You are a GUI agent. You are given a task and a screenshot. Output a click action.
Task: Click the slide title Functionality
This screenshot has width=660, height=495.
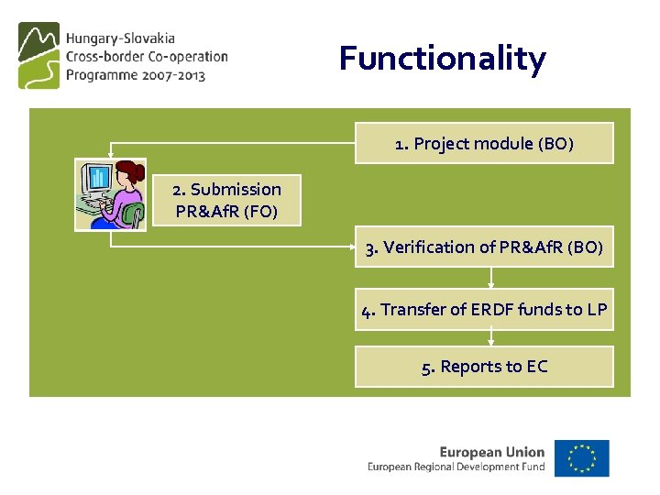[x=442, y=59]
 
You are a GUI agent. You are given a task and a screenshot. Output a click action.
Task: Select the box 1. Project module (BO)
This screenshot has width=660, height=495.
[x=484, y=143]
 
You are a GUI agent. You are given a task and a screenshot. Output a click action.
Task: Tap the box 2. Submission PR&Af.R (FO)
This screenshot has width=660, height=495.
[x=226, y=201]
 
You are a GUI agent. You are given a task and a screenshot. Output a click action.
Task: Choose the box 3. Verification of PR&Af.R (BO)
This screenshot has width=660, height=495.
[x=484, y=247]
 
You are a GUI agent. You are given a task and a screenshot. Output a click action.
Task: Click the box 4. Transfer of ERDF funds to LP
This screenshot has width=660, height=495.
[x=484, y=310]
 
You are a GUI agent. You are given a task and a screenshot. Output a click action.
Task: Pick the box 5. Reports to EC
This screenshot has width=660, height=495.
[x=484, y=367]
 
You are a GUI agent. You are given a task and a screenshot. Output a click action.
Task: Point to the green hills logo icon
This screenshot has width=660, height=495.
[x=38, y=56]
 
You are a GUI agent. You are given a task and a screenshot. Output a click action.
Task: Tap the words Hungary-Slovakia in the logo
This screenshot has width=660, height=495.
[x=120, y=39]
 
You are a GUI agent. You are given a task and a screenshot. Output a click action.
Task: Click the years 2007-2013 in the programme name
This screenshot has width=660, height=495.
[x=180, y=75]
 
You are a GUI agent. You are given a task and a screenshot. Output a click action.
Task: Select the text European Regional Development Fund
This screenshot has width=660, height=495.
[x=456, y=467]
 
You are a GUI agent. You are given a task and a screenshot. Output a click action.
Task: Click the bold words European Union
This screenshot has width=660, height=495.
[x=491, y=451]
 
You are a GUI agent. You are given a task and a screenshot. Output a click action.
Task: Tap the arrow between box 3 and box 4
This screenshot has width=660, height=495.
[x=491, y=278]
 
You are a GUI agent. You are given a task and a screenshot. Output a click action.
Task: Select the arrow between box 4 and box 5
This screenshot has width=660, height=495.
[x=491, y=337]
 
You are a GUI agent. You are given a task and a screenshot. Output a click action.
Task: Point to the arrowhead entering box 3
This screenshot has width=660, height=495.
[x=352, y=247]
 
